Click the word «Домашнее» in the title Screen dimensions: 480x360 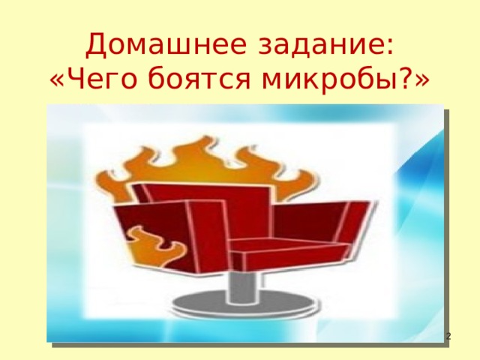(x=166, y=45)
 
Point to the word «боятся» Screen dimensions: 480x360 (x=199, y=78)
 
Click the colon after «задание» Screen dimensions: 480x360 (x=390, y=48)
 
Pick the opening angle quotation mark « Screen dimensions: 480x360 (x=57, y=80)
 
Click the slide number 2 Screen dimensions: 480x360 (x=448, y=337)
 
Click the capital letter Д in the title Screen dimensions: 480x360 (x=97, y=45)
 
